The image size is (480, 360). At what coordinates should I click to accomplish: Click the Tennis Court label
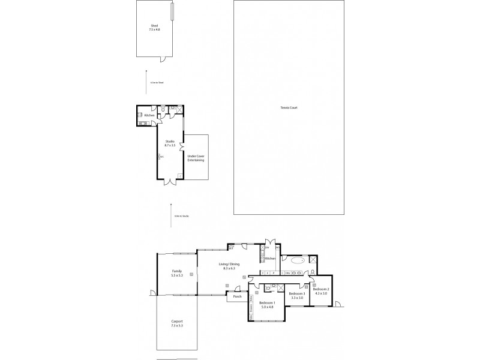click(289, 107)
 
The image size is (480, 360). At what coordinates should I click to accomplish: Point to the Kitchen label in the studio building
click(149, 115)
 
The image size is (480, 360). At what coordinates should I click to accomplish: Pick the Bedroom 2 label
click(321, 291)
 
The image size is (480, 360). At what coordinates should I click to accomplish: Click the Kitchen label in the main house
click(270, 259)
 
